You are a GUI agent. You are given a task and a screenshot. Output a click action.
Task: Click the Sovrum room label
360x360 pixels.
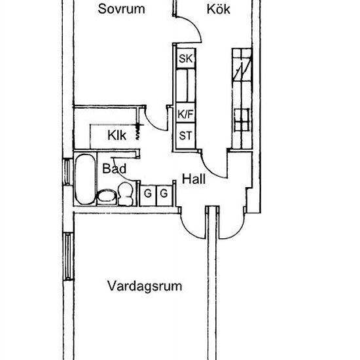[x=121, y=9]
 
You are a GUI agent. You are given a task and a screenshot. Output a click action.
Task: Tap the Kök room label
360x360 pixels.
[x=219, y=9]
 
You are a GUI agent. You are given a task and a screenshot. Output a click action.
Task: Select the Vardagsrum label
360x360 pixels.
[x=145, y=286]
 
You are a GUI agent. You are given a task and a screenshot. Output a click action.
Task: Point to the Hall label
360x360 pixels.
[x=194, y=179]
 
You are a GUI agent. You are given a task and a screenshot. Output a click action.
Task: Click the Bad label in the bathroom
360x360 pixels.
[x=114, y=169]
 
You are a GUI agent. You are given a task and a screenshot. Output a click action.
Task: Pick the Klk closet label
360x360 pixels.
[x=117, y=135]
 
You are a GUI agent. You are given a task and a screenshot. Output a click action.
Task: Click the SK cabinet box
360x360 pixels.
[x=186, y=58]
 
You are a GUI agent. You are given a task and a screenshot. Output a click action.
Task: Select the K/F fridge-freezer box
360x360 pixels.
[x=185, y=113]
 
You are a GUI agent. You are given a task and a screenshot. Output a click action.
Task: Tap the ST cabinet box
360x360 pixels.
[x=185, y=136]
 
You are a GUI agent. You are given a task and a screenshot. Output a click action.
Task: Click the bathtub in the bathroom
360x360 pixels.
[x=85, y=179]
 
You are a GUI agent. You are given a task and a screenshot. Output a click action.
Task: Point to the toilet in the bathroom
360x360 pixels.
[x=126, y=194]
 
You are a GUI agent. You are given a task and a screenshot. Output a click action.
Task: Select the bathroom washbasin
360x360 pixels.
[x=107, y=197]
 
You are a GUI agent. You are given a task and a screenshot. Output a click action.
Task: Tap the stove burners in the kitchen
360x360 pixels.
[x=242, y=120]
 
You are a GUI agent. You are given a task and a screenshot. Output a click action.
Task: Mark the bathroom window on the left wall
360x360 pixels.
[x=67, y=171]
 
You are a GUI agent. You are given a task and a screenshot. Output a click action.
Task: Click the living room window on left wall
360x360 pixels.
[x=68, y=257]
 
